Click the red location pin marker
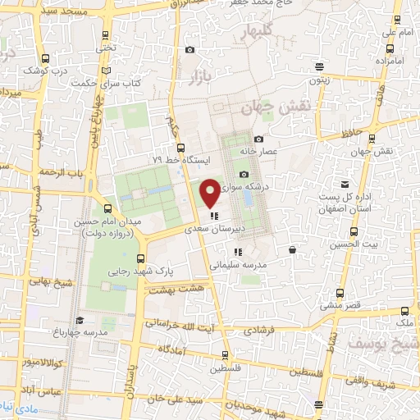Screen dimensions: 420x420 210,193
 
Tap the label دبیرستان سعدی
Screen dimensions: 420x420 216,231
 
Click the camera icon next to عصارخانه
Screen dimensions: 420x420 259,139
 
